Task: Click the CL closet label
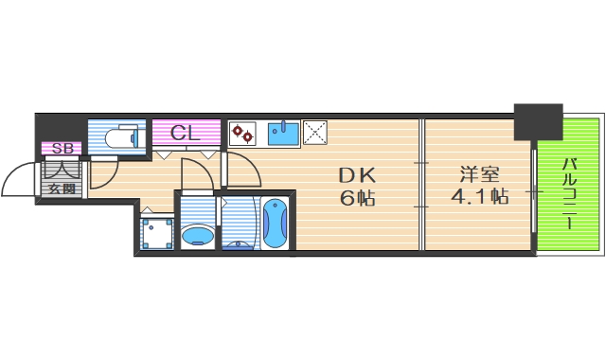click(186, 134)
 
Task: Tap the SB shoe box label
click(62, 148)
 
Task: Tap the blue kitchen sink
click(283, 134)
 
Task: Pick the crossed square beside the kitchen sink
click(314, 134)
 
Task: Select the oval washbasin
click(197, 234)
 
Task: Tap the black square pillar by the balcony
click(537, 121)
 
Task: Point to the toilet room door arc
click(105, 170)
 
